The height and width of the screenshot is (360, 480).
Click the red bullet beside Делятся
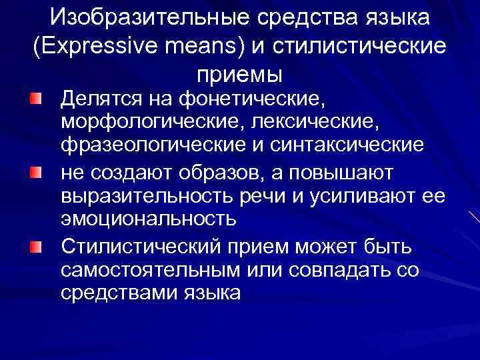[36, 100]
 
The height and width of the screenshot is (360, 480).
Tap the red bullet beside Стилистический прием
[36, 248]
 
